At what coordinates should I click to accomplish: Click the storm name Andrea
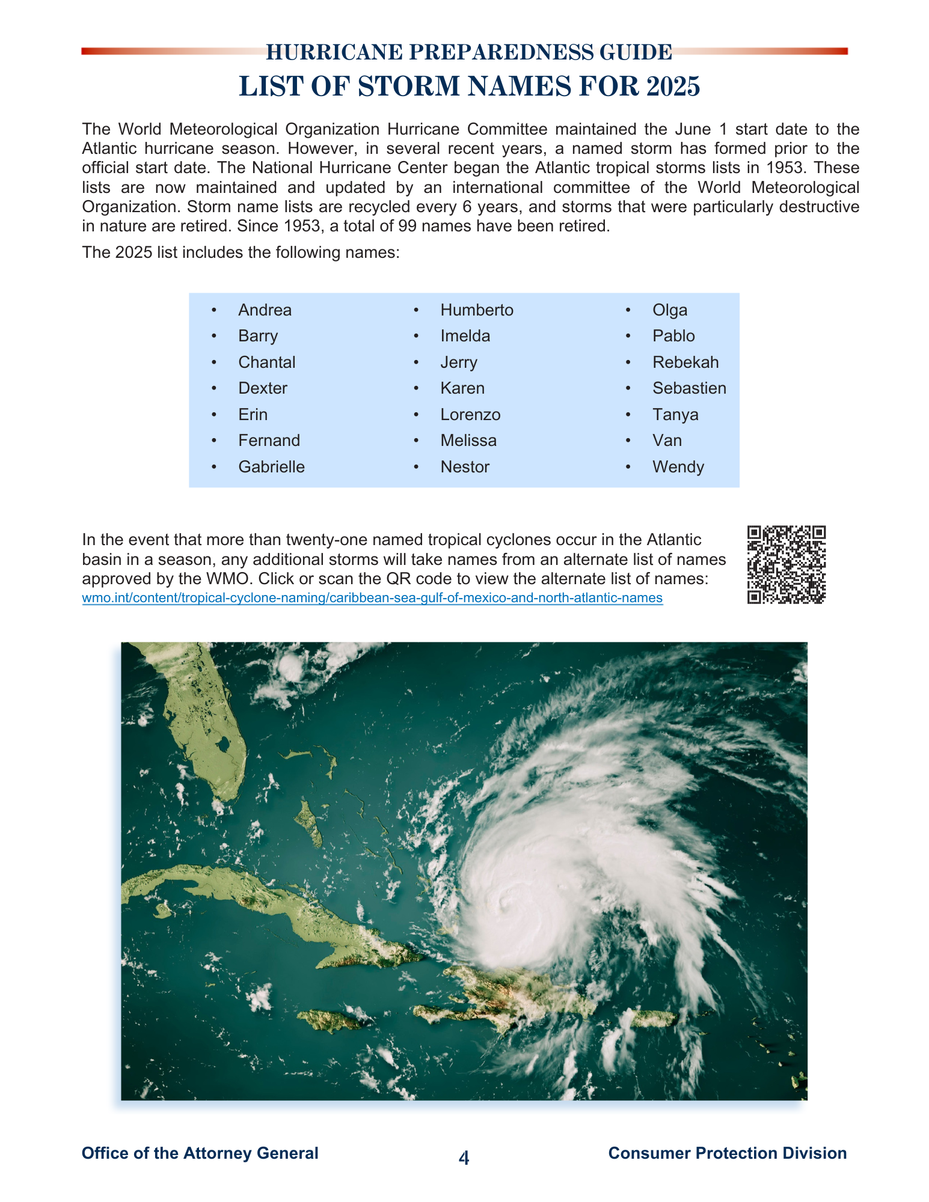tap(265, 310)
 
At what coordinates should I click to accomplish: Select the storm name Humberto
tap(477, 310)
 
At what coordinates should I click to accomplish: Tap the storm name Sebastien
tap(689, 388)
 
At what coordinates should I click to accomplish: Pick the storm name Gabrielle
tap(271, 467)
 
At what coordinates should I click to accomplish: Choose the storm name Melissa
tap(468, 441)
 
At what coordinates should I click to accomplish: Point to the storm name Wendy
tap(678, 467)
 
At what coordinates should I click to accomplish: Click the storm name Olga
tap(670, 310)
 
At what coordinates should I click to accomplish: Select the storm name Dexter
tap(263, 388)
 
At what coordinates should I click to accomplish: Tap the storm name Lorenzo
tap(470, 415)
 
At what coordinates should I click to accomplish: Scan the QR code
tap(786, 564)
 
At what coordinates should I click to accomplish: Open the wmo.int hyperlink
tap(372, 598)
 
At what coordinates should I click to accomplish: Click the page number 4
tap(464, 1158)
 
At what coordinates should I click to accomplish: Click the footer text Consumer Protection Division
tap(727, 1153)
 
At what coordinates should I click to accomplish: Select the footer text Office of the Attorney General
tap(200, 1153)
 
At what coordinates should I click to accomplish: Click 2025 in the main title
tap(673, 87)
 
